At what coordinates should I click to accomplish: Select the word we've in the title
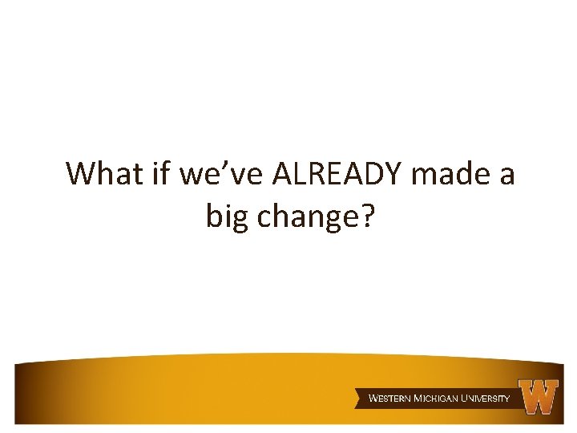click(207, 173)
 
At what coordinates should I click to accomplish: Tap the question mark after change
click(365, 215)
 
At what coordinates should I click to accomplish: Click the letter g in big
click(241, 219)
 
